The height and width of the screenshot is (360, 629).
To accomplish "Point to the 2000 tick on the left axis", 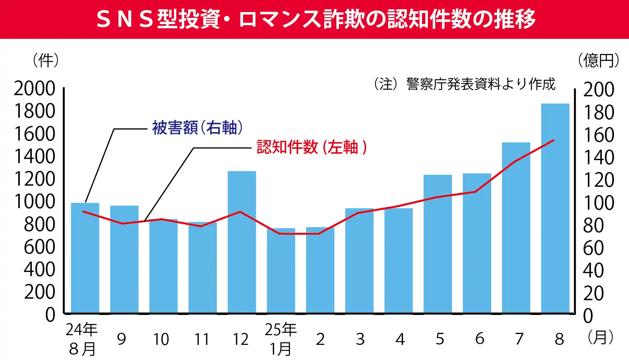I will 35,89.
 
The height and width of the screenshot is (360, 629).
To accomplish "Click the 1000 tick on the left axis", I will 35,202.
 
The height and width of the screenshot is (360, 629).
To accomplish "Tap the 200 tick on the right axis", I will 599,90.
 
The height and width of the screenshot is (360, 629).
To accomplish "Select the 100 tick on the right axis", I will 599,203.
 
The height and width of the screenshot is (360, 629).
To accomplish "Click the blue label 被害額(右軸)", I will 197,127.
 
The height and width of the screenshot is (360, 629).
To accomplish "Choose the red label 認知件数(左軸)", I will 311,147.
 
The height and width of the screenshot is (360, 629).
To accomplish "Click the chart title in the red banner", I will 314,19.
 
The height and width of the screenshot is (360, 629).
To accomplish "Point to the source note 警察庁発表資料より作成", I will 480,84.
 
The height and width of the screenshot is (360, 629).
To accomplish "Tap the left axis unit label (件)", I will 46,60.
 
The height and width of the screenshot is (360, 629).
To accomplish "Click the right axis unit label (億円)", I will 598,61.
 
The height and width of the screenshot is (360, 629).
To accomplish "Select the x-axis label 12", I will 241,339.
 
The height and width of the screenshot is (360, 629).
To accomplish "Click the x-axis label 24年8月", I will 82,339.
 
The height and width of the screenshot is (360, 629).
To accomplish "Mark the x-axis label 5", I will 440,339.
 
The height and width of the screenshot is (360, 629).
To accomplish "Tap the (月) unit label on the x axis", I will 600,337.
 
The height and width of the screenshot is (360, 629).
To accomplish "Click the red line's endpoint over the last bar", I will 554,140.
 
